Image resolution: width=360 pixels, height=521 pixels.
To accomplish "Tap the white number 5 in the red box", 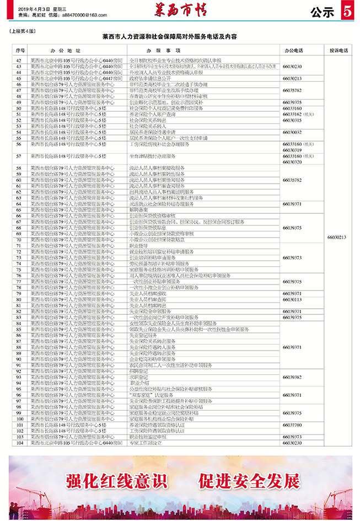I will (347, 10).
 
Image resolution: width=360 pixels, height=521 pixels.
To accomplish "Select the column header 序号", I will (19, 50).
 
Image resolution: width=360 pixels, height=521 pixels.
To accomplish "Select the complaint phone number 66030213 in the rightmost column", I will (337, 237).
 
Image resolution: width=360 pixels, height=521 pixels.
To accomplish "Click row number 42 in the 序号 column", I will (19, 60).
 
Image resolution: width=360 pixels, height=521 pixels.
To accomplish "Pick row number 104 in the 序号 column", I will (19, 442).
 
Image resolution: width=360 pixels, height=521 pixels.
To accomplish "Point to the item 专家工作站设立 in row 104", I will (146, 442).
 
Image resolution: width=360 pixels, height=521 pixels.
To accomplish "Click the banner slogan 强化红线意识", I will (116, 481).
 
